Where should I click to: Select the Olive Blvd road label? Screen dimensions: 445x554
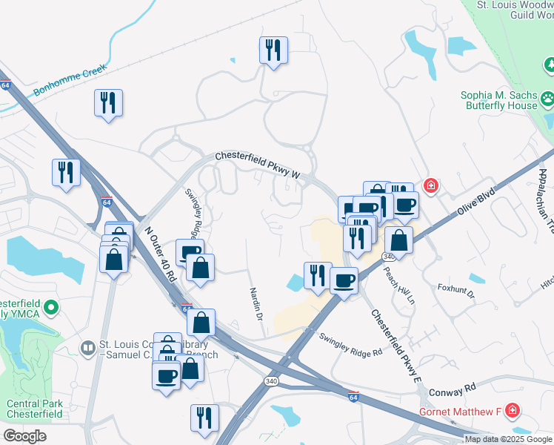click(x=475, y=201)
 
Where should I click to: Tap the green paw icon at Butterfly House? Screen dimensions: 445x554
click(x=548, y=98)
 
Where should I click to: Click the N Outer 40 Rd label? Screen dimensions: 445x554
click(x=160, y=252)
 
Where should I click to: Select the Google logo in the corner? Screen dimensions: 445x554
click(x=24, y=436)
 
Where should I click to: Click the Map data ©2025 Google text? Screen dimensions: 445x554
click(x=508, y=439)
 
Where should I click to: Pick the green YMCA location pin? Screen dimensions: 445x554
click(x=51, y=306)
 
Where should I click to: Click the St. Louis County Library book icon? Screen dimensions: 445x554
click(x=88, y=348)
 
